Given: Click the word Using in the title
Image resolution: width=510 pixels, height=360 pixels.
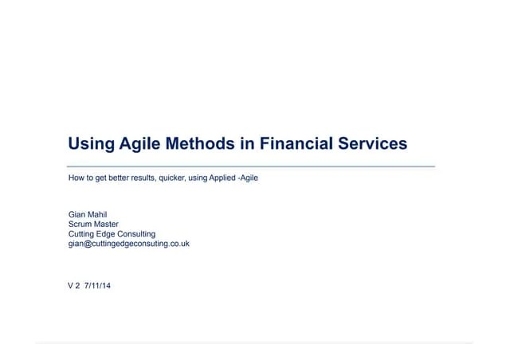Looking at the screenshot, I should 89,144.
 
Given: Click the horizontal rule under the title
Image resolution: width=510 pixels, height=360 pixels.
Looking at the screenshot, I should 251,166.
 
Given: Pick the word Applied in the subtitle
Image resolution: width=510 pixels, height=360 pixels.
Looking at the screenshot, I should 222,177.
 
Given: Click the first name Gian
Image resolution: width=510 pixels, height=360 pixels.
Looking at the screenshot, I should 77,215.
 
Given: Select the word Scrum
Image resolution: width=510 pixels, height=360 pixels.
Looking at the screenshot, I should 80,225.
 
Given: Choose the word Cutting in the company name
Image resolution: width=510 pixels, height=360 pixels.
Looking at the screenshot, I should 81,234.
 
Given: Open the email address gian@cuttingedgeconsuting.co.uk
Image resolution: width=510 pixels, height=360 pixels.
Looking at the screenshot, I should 128,244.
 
